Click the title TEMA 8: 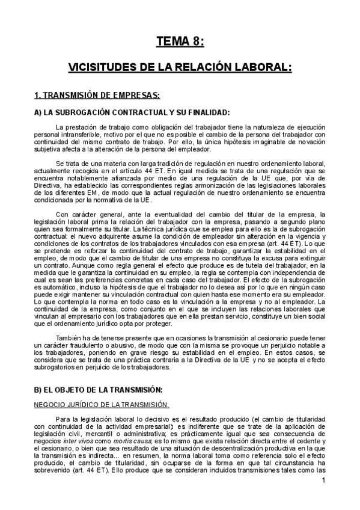180,41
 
